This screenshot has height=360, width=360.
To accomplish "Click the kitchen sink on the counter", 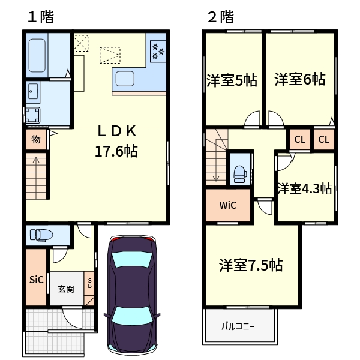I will click(x=127, y=79).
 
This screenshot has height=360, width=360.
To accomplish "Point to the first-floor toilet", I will click(x=40, y=234).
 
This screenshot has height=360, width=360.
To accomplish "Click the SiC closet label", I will click(x=37, y=280).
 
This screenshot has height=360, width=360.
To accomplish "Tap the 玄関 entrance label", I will click(x=66, y=289).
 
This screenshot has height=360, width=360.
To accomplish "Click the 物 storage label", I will click(x=36, y=140).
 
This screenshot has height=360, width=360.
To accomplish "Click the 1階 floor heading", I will click(x=40, y=17).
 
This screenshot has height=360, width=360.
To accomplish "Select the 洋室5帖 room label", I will click(x=232, y=80).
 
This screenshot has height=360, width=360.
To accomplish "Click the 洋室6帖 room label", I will click(x=300, y=79).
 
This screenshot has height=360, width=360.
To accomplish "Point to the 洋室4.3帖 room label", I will click(x=304, y=188).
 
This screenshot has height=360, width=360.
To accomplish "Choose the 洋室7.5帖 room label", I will click(x=251, y=264).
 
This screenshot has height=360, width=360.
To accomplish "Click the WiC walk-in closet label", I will click(x=227, y=205).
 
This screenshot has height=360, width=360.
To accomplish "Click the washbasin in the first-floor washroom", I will click(x=33, y=92).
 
